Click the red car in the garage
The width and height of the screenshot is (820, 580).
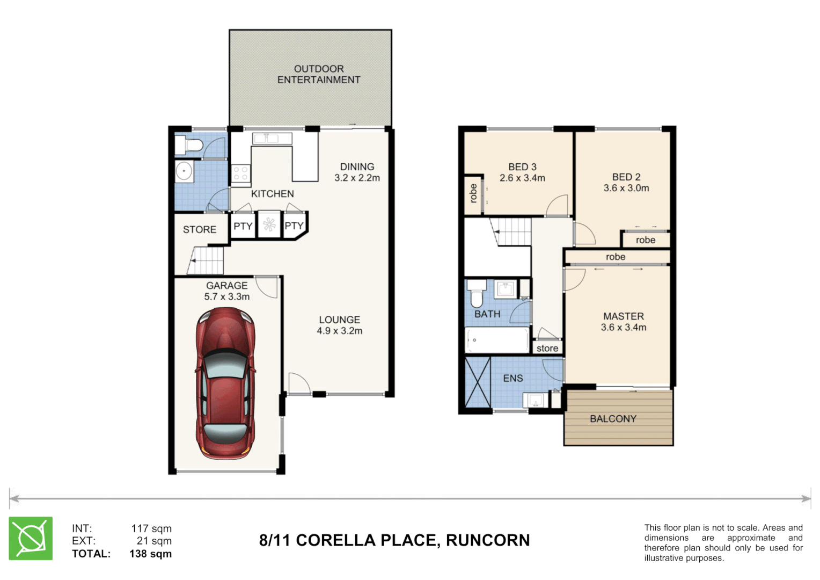225,383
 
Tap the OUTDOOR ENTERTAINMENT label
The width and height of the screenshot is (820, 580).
318,74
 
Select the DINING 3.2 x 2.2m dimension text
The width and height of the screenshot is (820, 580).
357,178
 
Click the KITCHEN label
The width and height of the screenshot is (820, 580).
272,194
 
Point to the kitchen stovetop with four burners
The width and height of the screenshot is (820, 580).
240,173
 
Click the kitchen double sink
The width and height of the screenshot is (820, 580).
272,139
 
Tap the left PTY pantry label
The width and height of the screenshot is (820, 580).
243,226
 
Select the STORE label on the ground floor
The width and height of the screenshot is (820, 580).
200,229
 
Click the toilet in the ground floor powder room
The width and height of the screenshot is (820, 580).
188,144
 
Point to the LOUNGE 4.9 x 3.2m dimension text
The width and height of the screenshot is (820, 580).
339,331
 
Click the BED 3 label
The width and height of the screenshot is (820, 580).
522,167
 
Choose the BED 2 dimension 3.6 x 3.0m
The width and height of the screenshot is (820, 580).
626,188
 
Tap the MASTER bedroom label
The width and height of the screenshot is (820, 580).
623,316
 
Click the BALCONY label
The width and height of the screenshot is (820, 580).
613,419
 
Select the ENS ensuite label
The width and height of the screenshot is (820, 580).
512,378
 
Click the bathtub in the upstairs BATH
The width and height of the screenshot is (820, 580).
497,340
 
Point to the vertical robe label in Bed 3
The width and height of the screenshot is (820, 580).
473,193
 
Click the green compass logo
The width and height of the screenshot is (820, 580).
31,539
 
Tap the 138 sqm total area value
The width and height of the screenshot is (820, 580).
150,554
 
